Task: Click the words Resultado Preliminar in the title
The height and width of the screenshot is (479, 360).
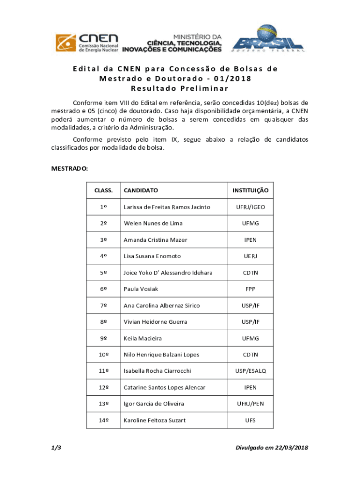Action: (x=180, y=88)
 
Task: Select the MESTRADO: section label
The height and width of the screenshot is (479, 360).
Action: (x=69, y=168)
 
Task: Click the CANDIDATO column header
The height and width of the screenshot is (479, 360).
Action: (x=141, y=190)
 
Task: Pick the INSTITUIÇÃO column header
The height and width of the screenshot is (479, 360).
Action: (x=251, y=190)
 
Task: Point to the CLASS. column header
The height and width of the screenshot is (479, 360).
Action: (x=103, y=190)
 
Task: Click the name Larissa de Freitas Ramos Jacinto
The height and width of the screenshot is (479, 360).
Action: (x=167, y=207)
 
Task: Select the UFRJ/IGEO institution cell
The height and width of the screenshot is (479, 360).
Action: (x=251, y=207)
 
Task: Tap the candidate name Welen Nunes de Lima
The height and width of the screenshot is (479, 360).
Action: (x=153, y=223)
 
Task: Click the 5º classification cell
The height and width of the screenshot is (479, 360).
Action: (x=103, y=273)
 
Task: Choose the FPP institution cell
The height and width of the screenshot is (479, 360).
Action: (x=251, y=289)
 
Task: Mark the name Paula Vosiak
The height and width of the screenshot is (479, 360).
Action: (x=141, y=289)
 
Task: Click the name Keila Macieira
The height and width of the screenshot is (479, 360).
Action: (x=143, y=338)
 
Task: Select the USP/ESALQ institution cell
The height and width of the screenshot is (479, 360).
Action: (x=251, y=371)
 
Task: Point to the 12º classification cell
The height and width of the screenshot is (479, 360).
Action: (x=103, y=387)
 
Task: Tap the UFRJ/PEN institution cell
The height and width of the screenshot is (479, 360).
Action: (x=251, y=404)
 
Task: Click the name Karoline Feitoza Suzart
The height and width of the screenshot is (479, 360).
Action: (x=154, y=420)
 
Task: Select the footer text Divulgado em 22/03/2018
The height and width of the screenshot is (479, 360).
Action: (x=272, y=448)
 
